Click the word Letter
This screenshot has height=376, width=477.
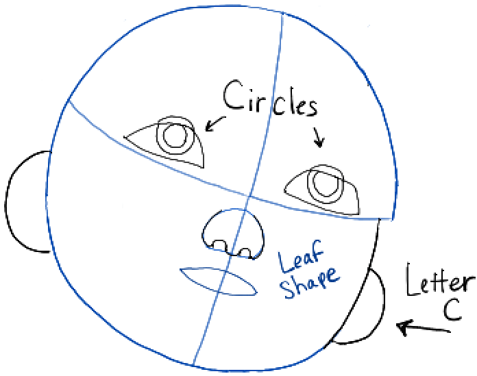coord(438,282)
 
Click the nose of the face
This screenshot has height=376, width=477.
coord(233,234)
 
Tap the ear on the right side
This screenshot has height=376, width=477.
coord(367,307)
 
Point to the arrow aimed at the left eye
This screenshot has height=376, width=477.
coord(215,123)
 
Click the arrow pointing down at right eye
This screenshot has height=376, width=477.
coord(317,137)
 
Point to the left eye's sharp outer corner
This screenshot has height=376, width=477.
coord(125,138)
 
